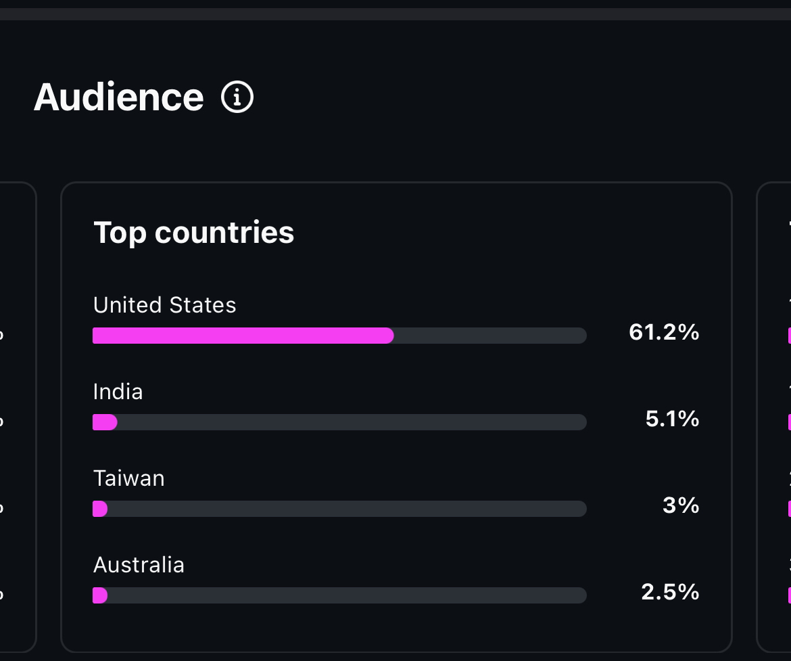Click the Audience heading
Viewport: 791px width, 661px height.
pos(118,97)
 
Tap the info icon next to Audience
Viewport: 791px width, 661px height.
pos(237,97)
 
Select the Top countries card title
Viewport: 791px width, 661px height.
pos(193,232)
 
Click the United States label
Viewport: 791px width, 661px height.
pos(164,305)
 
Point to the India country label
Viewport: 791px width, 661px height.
pos(118,392)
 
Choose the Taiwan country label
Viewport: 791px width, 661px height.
pos(128,478)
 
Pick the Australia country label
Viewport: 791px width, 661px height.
pos(139,565)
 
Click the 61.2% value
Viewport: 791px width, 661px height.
pos(663,332)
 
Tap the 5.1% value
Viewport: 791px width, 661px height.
pos(672,419)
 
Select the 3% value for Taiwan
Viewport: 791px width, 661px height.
pos(681,505)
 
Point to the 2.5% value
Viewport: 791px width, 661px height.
pos(670,592)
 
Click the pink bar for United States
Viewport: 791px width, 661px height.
pos(243,336)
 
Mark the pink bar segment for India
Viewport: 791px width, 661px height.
pos(105,422)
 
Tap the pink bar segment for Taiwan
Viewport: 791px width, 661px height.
pos(100,509)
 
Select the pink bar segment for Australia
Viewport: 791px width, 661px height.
pos(100,595)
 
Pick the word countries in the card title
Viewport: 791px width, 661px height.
pos(224,232)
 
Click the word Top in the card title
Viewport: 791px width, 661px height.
pos(120,232)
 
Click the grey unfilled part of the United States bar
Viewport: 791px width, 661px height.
pos(490,336)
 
